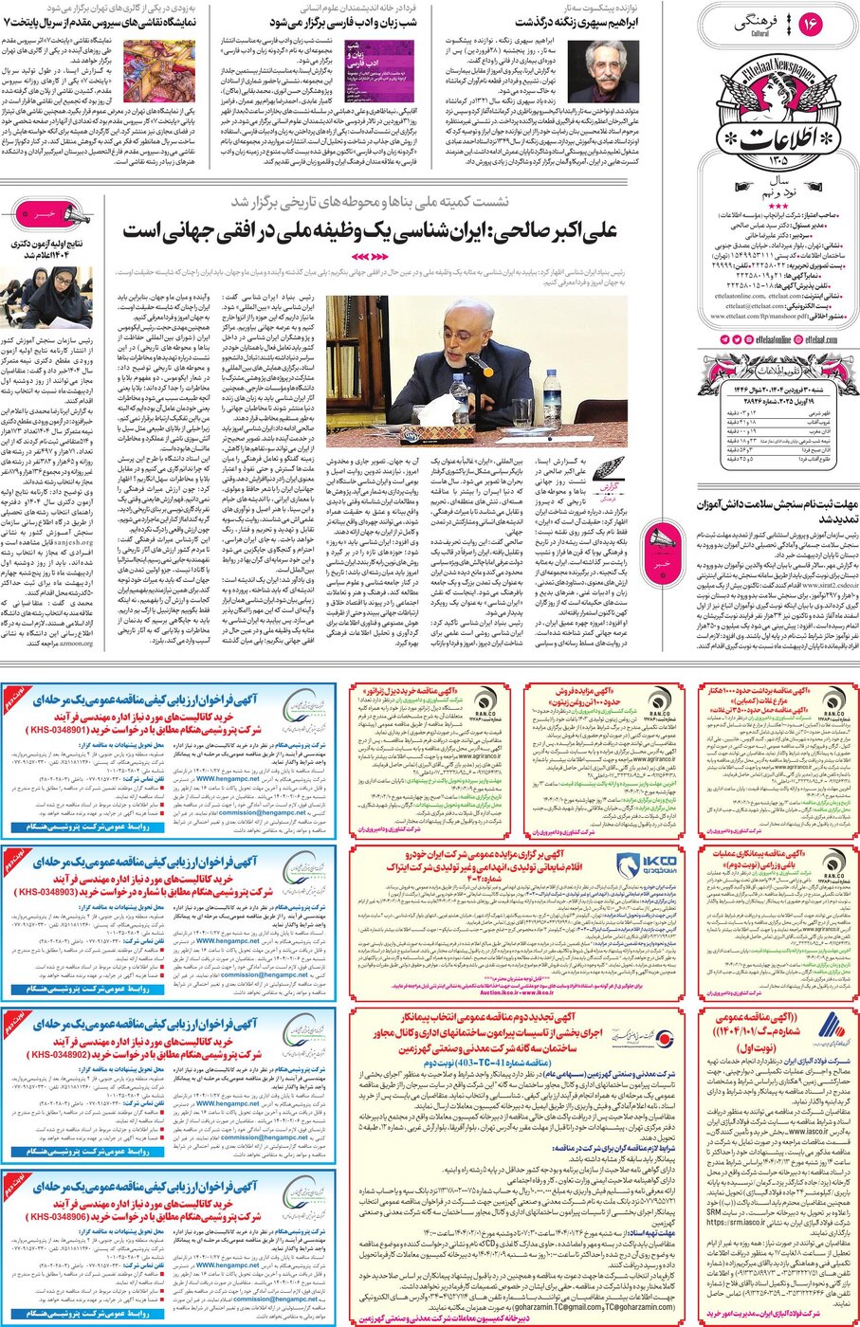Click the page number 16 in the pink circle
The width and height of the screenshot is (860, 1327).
[x=812, y=24]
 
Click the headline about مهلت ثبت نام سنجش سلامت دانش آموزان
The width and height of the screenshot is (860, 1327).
[x=778, y=512]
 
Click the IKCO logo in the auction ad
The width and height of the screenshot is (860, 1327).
[x=646, y=863]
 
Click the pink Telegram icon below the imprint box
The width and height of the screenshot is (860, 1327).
[x=724, y=338]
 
